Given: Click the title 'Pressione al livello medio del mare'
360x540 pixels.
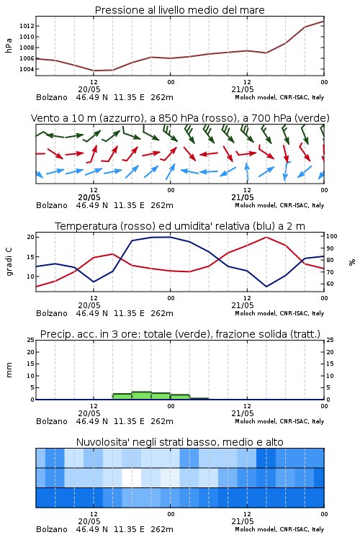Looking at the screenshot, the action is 179,10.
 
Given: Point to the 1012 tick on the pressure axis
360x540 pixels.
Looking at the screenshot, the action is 27,26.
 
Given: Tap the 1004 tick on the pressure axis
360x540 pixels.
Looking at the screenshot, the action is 27,69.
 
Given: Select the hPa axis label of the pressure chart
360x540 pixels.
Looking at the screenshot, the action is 9,45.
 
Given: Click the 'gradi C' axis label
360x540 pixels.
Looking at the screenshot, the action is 9,262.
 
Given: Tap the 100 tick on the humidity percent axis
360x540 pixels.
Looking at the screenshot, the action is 331,236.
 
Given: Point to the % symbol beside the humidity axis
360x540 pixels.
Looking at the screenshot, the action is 352,262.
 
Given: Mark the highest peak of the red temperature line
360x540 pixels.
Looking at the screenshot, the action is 266,237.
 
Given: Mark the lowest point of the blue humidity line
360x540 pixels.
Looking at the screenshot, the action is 266,287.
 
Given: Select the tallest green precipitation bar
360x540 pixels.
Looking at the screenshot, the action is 142,396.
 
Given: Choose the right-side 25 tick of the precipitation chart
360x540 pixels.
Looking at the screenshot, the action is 330,340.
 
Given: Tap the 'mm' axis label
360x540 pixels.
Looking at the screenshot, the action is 9,370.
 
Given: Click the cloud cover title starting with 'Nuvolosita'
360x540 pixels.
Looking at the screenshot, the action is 179,442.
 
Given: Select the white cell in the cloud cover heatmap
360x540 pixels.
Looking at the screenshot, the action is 132,477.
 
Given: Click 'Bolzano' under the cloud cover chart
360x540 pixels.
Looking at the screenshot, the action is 52,529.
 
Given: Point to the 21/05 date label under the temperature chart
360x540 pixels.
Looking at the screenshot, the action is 243,305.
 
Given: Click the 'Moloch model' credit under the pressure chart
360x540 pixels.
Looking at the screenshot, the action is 256,97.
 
